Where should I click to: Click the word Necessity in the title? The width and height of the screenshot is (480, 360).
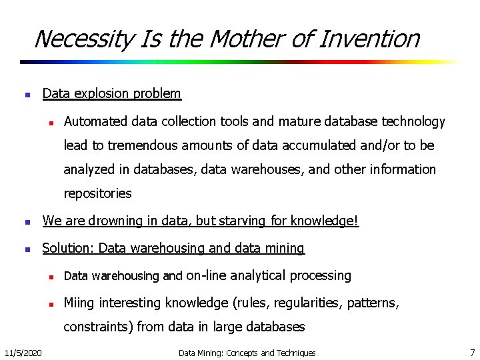click(83, 39)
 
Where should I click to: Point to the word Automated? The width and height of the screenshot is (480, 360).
click(96, 121)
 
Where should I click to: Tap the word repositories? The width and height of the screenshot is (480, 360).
click(97, 194)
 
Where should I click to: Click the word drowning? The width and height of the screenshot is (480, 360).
click(107, 221)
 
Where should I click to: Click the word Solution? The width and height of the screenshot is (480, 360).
click(68, 249)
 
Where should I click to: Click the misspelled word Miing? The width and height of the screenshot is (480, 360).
click(79, 303)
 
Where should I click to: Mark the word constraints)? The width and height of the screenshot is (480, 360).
click(99, 327)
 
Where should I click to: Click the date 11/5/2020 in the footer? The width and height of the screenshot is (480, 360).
click(23, 352)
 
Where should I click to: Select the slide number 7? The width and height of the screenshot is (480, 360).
click(472, 352)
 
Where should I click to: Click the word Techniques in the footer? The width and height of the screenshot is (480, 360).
click(296, 353)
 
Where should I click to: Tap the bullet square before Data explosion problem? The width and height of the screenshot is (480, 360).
click(26, 95)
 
